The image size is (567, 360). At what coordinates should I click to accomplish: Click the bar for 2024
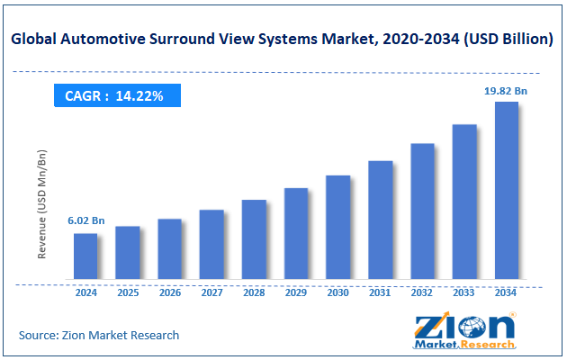[x=85, y=256]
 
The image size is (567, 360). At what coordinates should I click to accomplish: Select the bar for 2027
[x=211, y=244]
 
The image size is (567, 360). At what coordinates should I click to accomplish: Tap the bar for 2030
[x=337, y=227]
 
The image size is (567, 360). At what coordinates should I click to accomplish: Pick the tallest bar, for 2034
[x=506, y=190]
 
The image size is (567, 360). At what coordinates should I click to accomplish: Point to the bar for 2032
[x=422, y=211]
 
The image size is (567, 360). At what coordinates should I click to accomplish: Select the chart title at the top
[x=283, y=39]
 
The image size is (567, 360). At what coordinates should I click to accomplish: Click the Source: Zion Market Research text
[x=99, y=335]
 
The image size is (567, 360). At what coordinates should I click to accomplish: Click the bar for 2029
[x=296, y=233]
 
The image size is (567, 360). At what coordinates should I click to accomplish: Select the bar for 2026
[x=169, y=248]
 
